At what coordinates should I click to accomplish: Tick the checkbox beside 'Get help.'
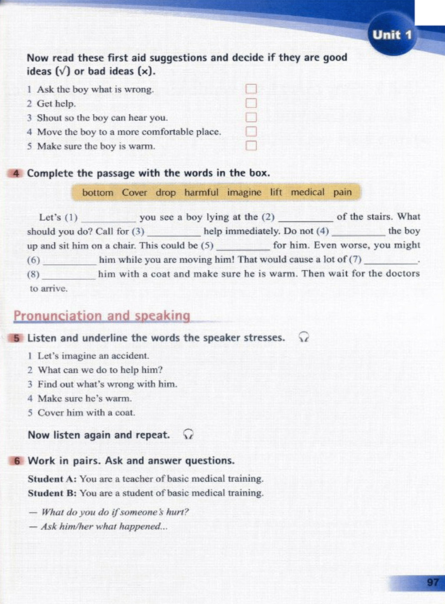tap(251, 103)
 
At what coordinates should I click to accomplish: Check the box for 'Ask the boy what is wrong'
tap(251, 89)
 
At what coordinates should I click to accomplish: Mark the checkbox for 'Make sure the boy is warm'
tap(251, 146)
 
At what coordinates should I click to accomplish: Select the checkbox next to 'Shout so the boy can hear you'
tap(251, 117)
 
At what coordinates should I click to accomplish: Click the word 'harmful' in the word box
tap(201, 192)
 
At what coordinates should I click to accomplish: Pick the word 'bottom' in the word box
tap(98, 192)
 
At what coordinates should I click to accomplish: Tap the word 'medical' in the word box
tap(308, 192)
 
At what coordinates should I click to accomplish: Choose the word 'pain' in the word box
tap(342, 192)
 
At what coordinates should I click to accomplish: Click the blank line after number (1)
tap(109, 219)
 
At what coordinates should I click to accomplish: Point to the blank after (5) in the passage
tap(243, 248)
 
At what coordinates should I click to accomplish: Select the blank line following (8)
tap(69, 276)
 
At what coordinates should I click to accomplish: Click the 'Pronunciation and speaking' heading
tap(102, 315)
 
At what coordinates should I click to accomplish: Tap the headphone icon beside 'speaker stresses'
tap(304, 337)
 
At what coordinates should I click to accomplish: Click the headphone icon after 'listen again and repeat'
tap(188, 434)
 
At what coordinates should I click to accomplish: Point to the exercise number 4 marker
tap(16, 173)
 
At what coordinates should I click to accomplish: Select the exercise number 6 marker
tap(17, 461)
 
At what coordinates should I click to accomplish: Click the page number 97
tap(432, 582)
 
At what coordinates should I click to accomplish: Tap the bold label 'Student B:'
tap(52, 493)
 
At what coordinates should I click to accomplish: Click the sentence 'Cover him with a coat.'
tap(86, 412)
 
